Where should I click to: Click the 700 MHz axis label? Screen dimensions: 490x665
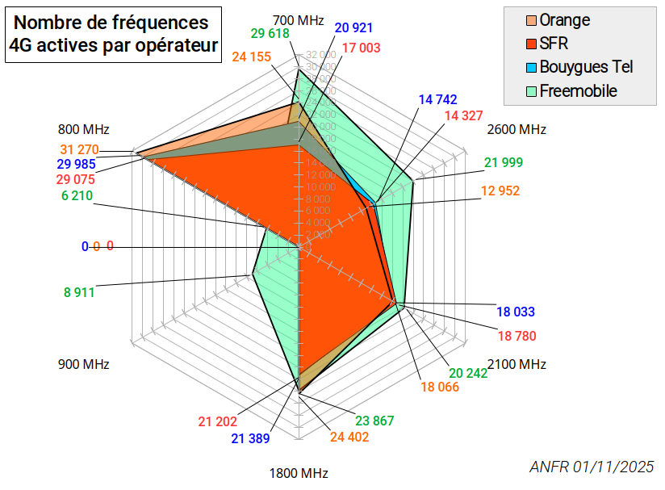299,19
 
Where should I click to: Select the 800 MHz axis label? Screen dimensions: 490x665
84,129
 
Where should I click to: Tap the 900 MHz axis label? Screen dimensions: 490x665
84,364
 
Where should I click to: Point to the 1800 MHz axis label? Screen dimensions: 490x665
299,474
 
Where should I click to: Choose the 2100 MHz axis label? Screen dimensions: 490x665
517,364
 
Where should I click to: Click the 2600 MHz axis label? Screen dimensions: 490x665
517,129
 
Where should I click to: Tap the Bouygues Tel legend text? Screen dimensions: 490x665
586,67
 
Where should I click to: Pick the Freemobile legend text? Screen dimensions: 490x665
578,91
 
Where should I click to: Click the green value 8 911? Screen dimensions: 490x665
79,292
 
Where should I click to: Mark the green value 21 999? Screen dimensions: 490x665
504,163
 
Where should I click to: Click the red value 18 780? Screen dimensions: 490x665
517,335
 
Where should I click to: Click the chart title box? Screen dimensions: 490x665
114,35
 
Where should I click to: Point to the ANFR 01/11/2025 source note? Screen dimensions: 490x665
592,467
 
